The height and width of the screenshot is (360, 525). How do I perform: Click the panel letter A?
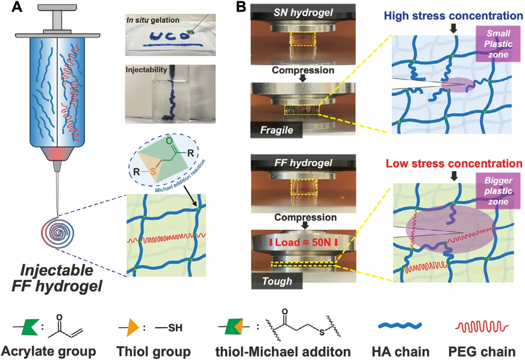(17, 7)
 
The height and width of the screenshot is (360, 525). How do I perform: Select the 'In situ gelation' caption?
(153, 20)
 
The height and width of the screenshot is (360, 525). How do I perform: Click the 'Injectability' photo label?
(146, 70)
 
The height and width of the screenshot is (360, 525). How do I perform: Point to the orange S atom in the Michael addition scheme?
(153, 172)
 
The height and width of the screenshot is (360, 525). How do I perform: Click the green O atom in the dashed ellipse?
(170, 141)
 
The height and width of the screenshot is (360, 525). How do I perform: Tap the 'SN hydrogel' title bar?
(303, 12)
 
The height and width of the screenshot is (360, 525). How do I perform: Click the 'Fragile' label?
(277, 130)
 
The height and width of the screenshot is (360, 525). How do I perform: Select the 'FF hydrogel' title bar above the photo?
(303, 163)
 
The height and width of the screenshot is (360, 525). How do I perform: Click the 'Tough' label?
(277, 281)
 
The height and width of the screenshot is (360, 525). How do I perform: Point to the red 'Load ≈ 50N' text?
(304, 242)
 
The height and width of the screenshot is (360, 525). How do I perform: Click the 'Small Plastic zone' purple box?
(498, 44)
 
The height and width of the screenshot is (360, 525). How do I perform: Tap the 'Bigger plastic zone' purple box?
(498, 191)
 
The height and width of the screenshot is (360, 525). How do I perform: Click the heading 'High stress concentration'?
(454, 16)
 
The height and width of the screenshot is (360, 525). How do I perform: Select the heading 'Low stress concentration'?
(454, 163)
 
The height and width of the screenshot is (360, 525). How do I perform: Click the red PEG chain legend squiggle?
(482, 327)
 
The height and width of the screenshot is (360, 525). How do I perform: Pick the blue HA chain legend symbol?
(400, 325)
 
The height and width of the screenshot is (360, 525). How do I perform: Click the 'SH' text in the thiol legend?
(175, 327)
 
